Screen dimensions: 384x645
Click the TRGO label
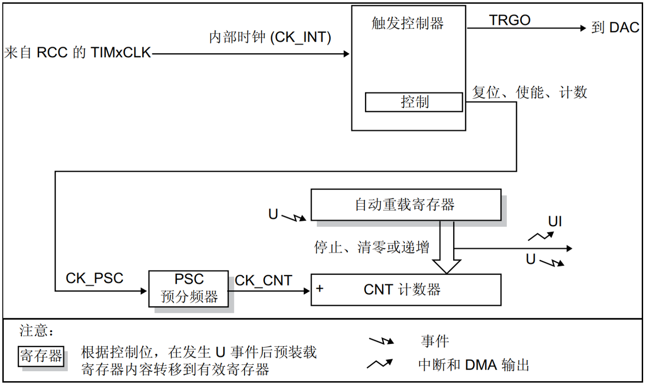click(x=510, y=21)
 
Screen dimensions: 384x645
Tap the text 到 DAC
click(x=615, y=28)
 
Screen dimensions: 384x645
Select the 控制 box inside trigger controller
click(x=414, y=102)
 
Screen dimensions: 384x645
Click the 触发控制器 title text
click(x=407, y=23)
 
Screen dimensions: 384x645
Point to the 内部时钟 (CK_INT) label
click(x=270, y=38)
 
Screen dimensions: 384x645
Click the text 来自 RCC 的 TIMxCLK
click(x=77, y=53)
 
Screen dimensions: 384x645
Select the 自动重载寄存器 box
click(x=405, y=204)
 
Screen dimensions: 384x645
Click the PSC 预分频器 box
click(x=189, y=288)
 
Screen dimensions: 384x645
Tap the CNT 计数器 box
click(x=405, y=289)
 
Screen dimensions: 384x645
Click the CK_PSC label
click(x=94, y=279)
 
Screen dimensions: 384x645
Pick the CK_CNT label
click(x=263, y=280)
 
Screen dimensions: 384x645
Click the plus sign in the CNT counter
click(x=319, y=289)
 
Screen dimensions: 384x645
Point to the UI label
click(x=554, y=222)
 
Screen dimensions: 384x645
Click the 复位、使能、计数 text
click(x=529, y=92)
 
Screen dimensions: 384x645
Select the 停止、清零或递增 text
click(x=372, y=247)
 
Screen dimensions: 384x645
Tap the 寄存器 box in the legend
click(x=41, y=357)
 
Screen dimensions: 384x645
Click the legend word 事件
click(x=435, y=342)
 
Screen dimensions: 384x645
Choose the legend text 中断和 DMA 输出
click(x=474, y=365)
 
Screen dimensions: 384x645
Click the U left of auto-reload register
click(x=273, y=214)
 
